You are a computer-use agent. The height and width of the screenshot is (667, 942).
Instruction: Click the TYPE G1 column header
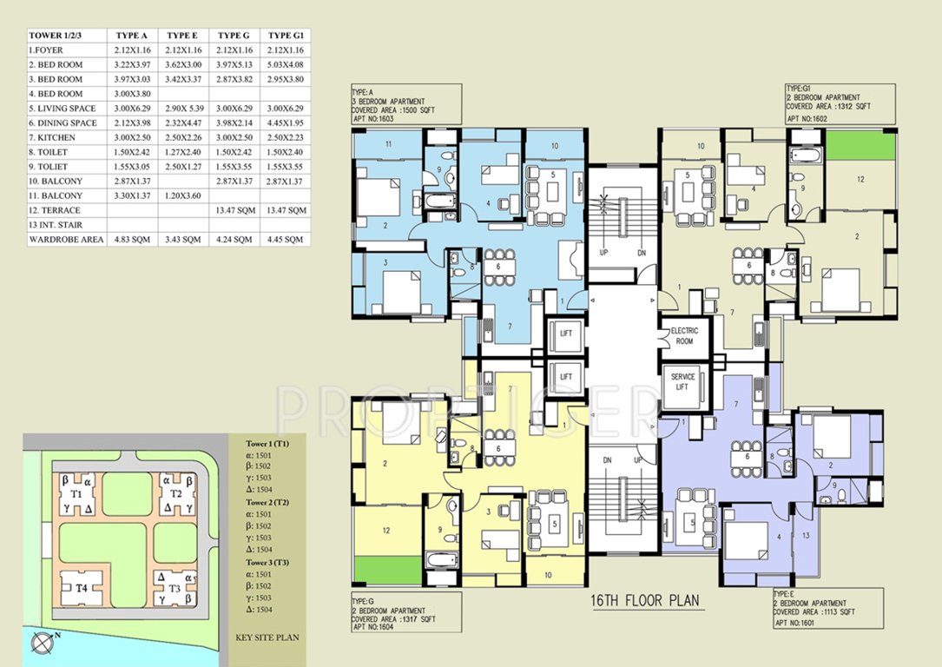285,35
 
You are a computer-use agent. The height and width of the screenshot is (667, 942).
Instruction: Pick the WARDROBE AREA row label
67,239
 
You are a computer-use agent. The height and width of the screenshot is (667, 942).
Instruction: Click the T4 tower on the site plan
82,588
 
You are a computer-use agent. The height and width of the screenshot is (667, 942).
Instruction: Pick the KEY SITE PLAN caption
267,637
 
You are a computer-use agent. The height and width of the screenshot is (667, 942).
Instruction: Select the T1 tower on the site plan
77,493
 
